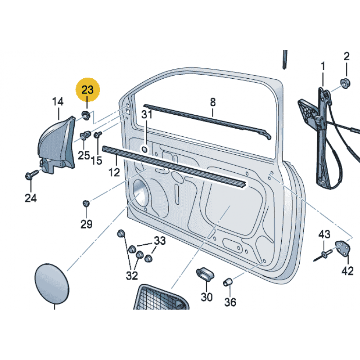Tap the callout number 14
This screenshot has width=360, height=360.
click(58, 102)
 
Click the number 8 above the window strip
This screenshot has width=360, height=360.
click(213, 102)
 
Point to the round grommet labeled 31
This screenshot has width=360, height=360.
click(145, 148)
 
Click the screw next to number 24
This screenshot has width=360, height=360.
click(31, 175)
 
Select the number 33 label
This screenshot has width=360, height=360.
click(160, 241)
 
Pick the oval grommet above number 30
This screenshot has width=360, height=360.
click(205, 273)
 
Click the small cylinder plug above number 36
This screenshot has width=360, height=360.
click(228, 282)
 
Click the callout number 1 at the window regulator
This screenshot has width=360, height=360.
click(323, 67)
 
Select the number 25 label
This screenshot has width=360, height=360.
click(84, 156)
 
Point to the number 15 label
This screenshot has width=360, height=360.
click(97, 160)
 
